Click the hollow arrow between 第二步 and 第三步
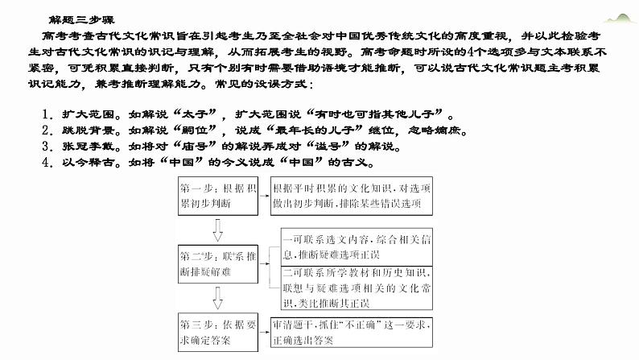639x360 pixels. tap(216, 300)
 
